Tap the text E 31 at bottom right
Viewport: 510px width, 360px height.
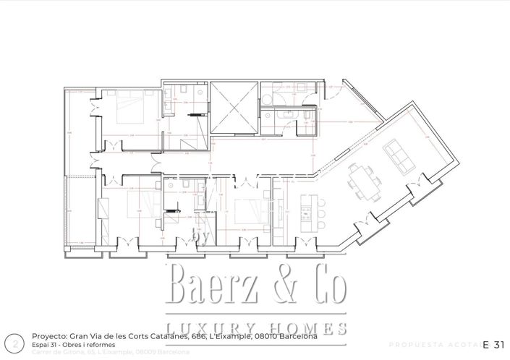(493, 343)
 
